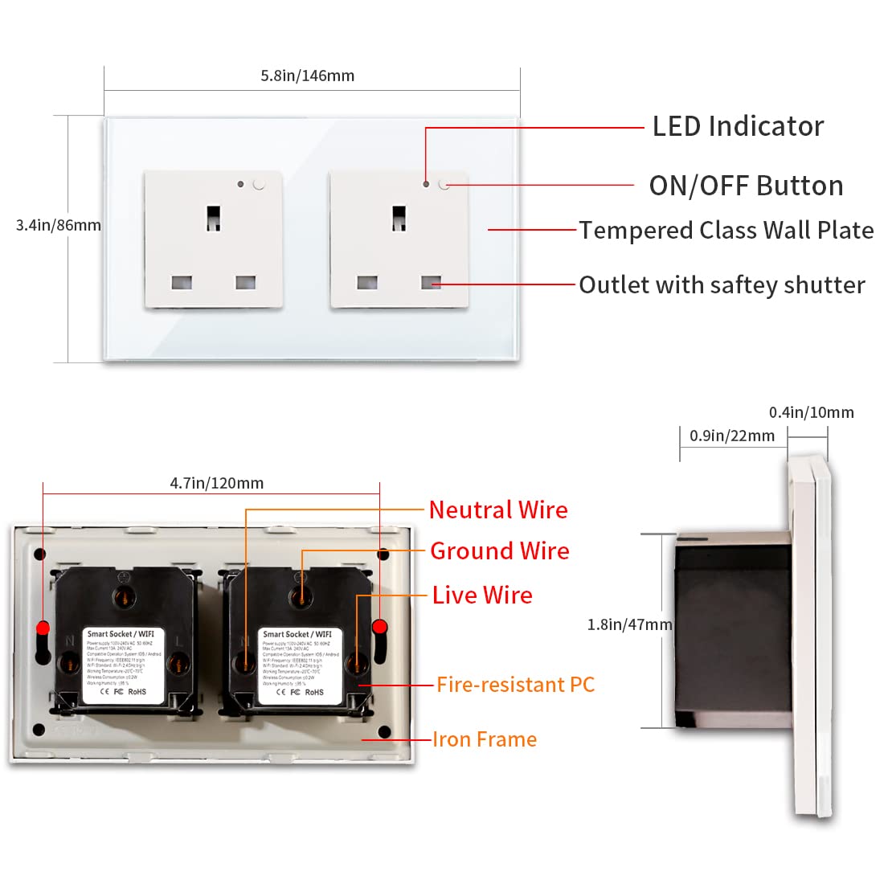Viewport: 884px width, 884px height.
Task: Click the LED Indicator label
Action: pos(738,126)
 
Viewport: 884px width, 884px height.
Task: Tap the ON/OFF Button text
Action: pos(746,186)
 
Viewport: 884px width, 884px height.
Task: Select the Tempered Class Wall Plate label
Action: pos(726,231)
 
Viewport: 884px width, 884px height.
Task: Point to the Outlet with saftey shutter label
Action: pos(722,285)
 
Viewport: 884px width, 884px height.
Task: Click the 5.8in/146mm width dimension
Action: pos(307,76)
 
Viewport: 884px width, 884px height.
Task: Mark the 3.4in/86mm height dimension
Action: pos(58,225)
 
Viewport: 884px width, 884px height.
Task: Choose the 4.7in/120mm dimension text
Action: pos(216,483)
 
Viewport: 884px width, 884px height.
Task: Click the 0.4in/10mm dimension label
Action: pos(811,412)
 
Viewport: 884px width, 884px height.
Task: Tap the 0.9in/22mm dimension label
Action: pos(732,436)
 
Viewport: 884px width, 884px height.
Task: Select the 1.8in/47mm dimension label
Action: pos(629,624)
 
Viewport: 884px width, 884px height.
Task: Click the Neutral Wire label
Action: pos(498,510)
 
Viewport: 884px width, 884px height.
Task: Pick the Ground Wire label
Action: pos(500,550)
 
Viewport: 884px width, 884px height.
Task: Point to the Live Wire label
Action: pos(482,595)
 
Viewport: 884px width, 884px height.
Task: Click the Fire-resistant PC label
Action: pos(515,685)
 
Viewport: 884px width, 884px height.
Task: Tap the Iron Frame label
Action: pos(485,739)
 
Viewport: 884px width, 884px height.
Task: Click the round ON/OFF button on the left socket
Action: pos(259,184)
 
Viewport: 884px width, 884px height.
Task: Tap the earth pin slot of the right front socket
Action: pos(399,217)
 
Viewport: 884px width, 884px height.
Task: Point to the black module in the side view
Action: pos(731,631)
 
